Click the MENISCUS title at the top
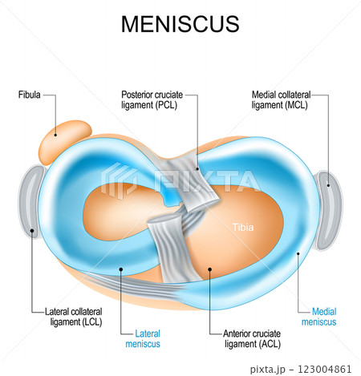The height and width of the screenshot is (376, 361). click(x=180, y=24)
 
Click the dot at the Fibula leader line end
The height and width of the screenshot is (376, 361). click(x=56, y=135)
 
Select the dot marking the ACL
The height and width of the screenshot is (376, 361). click(x=209, y=270)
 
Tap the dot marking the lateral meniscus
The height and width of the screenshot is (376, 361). click(x=122, y=270)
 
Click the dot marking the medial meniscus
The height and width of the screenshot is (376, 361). click(x=297, y=254)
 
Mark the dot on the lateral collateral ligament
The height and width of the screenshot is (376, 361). click(x=32, y=231)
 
